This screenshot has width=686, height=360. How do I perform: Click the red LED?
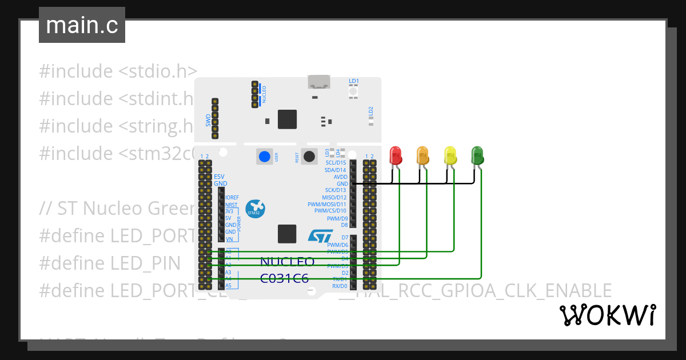coord(395,155)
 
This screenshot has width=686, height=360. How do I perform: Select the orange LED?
coord(422,155)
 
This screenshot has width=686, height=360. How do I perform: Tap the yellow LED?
coord(450,155)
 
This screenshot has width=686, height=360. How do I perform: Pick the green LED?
coord(477,155)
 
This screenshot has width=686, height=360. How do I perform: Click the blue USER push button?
coord(264,157)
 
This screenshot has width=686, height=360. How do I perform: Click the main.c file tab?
coord(82,25)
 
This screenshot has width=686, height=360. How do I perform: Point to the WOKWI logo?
coord(607,315)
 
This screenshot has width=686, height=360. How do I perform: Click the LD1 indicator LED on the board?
coord(353,91)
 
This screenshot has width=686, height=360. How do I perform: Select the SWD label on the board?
coord(208,120)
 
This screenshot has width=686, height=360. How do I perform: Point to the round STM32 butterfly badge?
coord(254,209)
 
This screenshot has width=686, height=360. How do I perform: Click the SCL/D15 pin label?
coord(336,163)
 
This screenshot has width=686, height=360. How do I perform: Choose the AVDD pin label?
coord(341,177)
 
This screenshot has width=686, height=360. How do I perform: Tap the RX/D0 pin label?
coord(340,286)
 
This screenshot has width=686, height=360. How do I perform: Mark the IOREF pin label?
coord(232,198)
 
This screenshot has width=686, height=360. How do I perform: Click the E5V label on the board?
coord(220,177)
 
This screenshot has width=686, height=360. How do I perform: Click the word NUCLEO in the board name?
coord(287,262)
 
